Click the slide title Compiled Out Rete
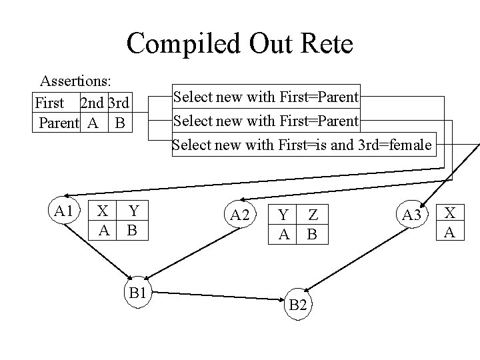239,44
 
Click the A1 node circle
64,212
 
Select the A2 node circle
239,214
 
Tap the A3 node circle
412,214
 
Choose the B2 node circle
299,304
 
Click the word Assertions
75,81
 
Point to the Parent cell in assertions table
59,123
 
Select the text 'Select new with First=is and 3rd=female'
303,144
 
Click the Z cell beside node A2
313,215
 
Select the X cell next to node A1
103,211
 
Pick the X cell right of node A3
450,213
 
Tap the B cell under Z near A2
311,234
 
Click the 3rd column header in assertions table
119,103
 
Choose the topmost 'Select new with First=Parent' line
266,97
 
